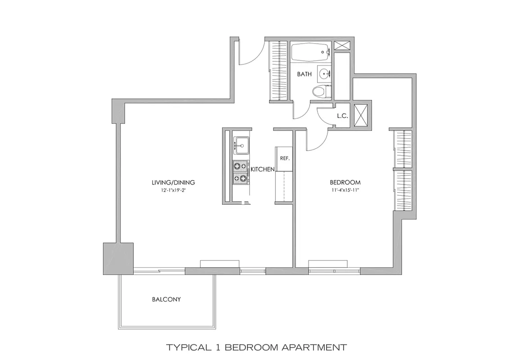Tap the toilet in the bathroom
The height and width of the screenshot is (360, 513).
(320, 91)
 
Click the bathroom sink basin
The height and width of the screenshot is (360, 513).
(324, 72)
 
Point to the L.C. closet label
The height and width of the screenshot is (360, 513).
(342, 116)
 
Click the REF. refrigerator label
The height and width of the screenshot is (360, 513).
(284, 158)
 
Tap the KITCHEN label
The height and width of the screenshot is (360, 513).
(263, 169)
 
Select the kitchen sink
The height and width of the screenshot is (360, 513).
(241, 145)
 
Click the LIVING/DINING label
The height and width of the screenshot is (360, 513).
(173, 182)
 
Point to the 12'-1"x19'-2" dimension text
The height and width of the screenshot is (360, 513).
(173, 190)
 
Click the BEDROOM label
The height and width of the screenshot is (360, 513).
(345, 182)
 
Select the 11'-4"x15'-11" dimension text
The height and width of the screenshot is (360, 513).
(345, 190)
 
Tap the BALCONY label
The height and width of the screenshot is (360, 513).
(166, 299)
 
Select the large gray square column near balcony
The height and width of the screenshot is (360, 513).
(118, 258)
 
